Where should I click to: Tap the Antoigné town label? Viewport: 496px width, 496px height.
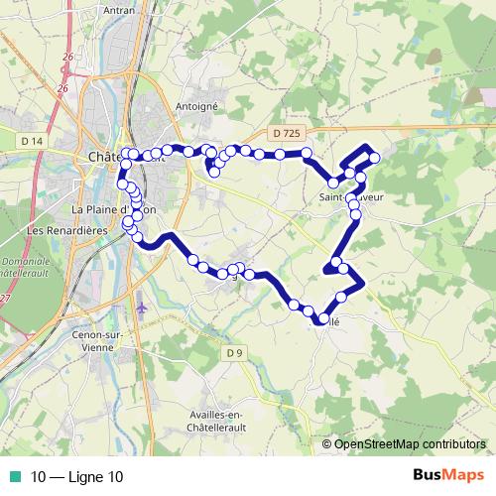coord(194,106)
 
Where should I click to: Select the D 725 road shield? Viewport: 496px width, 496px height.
coord(283,132)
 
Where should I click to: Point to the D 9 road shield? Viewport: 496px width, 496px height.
coord(234,353)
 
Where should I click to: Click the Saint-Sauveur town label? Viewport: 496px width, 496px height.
coord(352,196)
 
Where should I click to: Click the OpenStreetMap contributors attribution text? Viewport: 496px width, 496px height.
coord(409,445)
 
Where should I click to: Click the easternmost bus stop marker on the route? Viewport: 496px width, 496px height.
coord(375,157)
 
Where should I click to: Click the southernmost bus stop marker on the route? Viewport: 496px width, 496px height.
coord(323,318)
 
